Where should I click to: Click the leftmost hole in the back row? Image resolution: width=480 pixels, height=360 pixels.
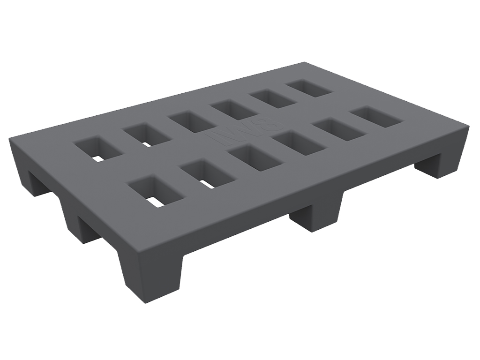point(98,149)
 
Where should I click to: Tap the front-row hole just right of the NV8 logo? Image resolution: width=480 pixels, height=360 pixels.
point(300,143)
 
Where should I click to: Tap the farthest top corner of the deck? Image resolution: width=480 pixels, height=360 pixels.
point(304,62)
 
